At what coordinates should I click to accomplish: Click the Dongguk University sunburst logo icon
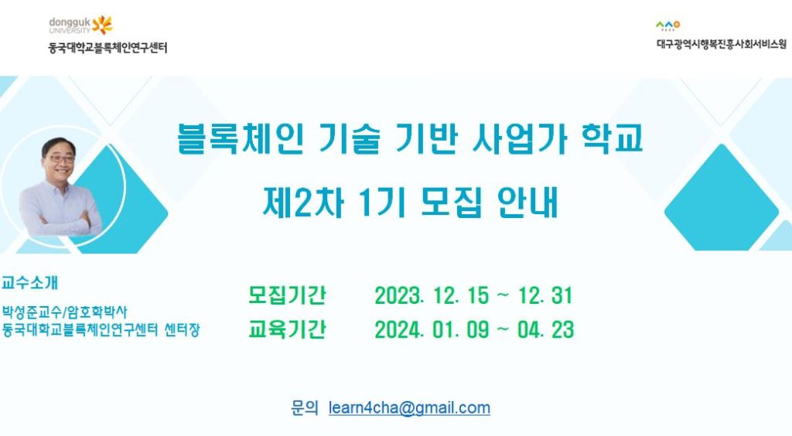point(102,24)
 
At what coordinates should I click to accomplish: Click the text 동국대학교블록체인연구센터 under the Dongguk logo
point(108,48)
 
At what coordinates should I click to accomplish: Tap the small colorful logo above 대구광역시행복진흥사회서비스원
point(667,26)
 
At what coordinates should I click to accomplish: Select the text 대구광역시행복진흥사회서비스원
point(722,44)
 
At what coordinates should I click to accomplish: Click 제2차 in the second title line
point(303,203)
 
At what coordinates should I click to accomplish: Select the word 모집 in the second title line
point(451,203)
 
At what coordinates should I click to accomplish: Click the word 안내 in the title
point(527,203)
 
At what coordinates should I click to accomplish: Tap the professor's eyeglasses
point(62,159)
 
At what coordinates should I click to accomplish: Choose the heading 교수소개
point(30,283)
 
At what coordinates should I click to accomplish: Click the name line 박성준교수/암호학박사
point(64,312)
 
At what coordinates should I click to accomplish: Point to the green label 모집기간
point(287,295)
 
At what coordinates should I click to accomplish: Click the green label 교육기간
point(287,329)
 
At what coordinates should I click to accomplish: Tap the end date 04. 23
point(545,330)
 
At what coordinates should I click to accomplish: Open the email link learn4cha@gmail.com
point(409,407)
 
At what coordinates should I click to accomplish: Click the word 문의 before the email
point(305,407)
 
